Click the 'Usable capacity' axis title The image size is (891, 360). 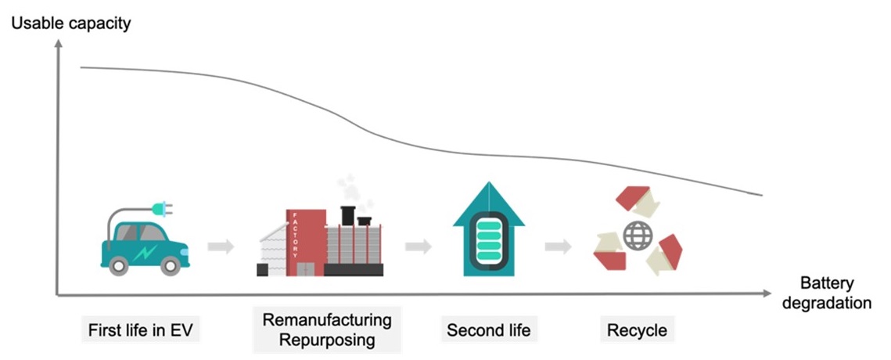(x=70, y=23)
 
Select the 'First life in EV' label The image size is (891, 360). (x=140, y=330)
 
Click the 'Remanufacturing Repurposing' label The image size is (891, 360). (x=327, y=330)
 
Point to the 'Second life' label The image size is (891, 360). (x=488, y=330)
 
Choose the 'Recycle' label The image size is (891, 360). (x=637, y=330)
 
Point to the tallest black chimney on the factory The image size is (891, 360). (x=348, y=214)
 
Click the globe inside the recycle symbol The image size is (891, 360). (x=637, y=236)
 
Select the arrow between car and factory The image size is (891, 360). (x=221, y=247)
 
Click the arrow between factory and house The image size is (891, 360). (x=419, y=247)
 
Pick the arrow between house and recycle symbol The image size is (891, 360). (x=558, y=247)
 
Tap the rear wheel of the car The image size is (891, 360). (x=119, y=266)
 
